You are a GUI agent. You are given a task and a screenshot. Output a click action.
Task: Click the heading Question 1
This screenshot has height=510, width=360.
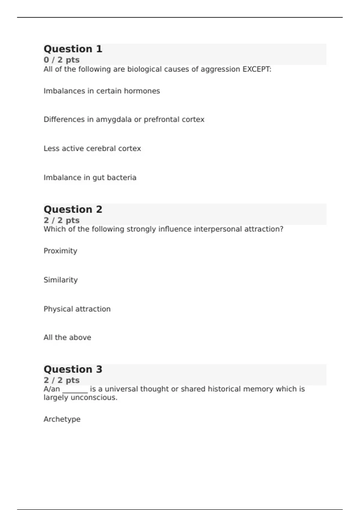pos(73,49)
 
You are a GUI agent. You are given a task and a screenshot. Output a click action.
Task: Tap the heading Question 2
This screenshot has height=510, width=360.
pos(73,209)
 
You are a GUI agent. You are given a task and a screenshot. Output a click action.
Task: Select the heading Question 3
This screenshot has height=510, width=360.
pos(73,369)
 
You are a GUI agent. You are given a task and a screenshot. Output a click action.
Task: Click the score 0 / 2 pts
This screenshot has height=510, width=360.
pos(61,60)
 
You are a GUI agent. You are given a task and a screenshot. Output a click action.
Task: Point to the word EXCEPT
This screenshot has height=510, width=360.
pos(256,69)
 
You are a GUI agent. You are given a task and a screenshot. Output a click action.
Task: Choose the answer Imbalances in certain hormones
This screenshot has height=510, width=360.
pos(102,91)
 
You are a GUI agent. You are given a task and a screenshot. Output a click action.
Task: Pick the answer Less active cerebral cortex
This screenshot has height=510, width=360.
pos(92,148)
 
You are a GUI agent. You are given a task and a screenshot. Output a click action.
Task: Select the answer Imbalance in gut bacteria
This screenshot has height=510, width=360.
pos(90,178)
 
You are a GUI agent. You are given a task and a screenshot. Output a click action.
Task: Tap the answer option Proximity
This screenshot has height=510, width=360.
pos(60,251)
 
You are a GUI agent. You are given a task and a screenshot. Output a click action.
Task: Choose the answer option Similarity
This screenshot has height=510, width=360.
pos(61,280)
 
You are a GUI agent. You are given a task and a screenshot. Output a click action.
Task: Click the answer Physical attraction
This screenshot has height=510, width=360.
pos(77,309)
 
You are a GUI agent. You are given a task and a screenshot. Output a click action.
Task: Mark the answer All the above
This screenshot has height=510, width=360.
pos(67,337)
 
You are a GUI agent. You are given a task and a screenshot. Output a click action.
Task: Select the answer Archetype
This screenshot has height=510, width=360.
pos(62,419)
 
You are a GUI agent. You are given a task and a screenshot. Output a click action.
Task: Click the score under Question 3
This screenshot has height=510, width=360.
pos(61,380)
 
